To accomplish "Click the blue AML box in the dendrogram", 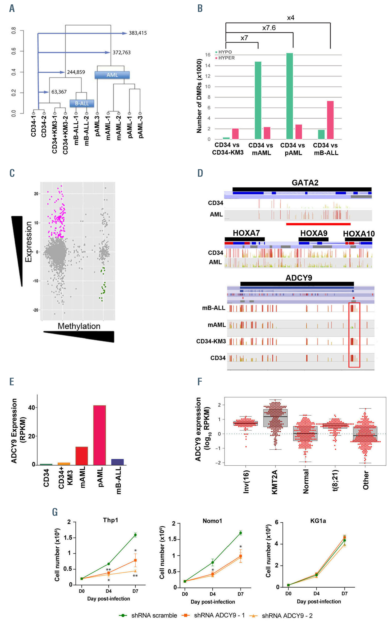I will pos(112,75).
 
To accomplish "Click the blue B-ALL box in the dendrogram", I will pos(82,103).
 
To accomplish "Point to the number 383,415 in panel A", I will pos(138,33).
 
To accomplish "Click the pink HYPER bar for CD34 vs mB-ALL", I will pos(330,120).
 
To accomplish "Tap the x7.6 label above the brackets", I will pos(269,28).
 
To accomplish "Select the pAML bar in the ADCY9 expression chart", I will pos(100,435).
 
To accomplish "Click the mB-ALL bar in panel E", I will pos(117,462).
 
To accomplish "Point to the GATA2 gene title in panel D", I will pos(305,183).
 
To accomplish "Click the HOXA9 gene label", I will pos(314,233).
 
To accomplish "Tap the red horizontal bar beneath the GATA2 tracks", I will pos(318,224).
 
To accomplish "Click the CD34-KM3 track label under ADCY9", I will pos(211,341).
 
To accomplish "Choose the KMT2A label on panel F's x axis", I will pos(274,482).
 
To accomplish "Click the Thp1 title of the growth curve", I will pos(110,520).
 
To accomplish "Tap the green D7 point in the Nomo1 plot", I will pos(241,533).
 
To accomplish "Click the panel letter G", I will pos(55,512).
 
